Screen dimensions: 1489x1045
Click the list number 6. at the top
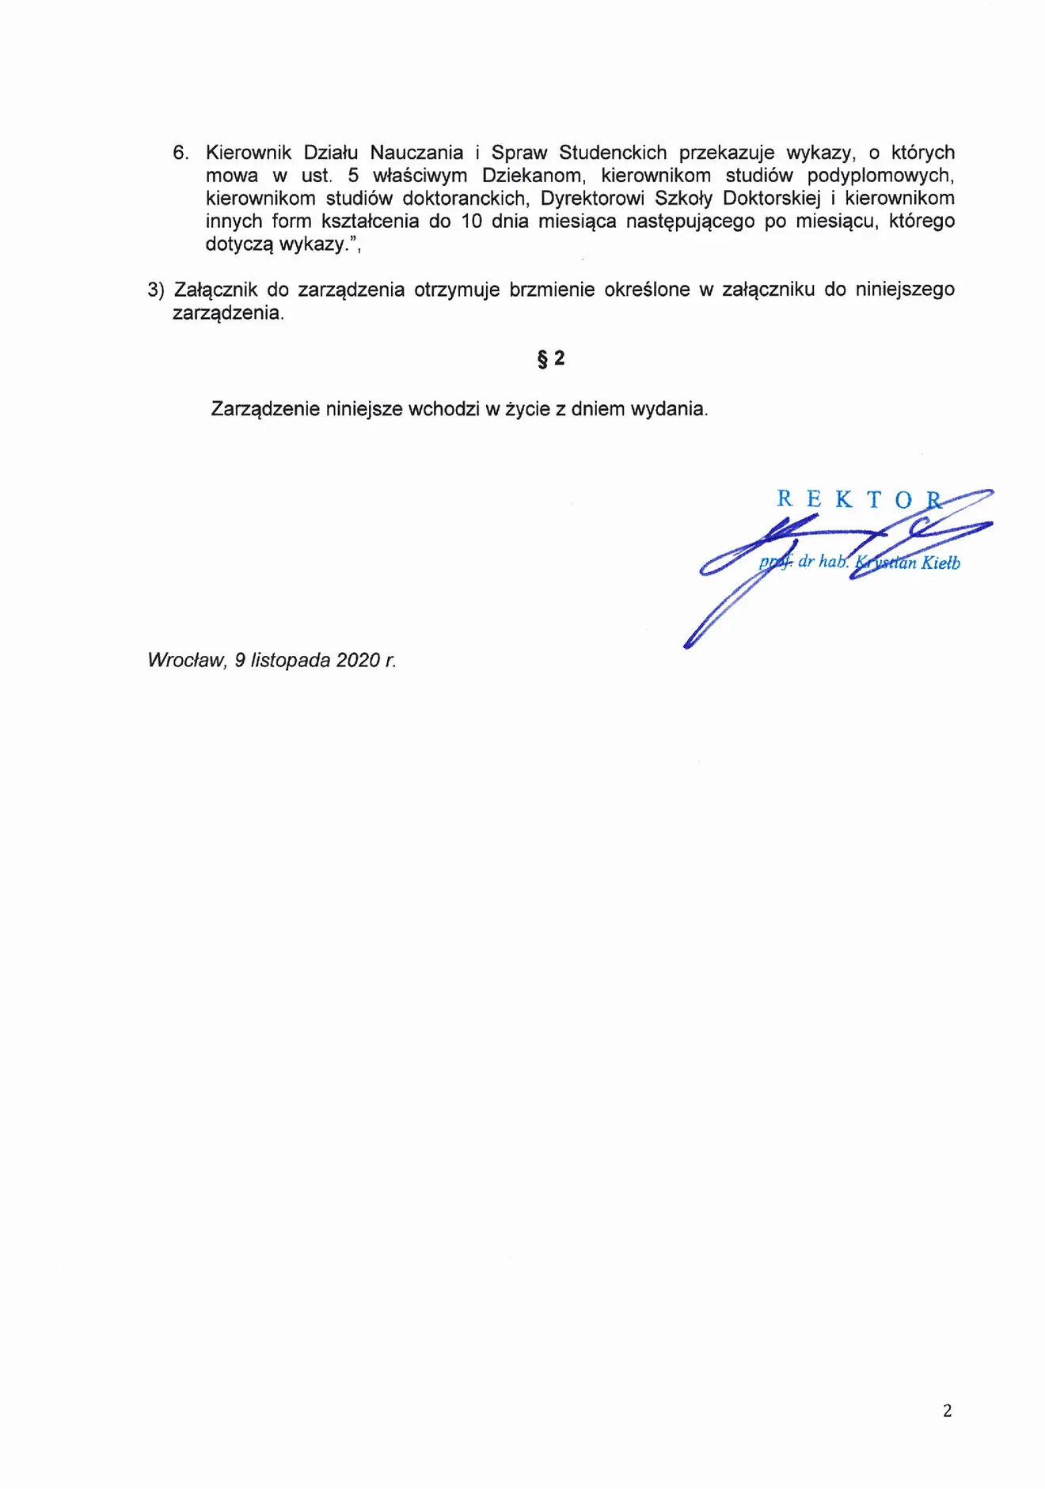pyautogui.click(x=180, y=153)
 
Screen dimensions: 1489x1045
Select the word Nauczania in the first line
pyautogui.click(x=416, y=153)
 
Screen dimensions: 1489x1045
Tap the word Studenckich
pyautogui.click(x=613, y=153)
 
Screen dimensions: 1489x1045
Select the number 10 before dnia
pyautogui.click(x=471, y=222)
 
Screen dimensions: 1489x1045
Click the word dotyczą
pyautogui.click(x=239, y=244)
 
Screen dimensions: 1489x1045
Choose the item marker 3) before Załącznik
pyautogui.click(x=155, y=290)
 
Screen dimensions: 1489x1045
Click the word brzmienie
pyautogui.click(x=552, y=290)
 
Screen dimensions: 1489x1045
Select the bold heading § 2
pyautogui.click(x=551, y=359)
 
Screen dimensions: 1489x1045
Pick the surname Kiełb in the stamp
pyautogui.click(x=940, y=563)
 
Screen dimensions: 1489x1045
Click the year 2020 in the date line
pyautogui.click(x=358, y=661)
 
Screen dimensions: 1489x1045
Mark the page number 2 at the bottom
pyautogui.click(x=947, y=1411)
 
